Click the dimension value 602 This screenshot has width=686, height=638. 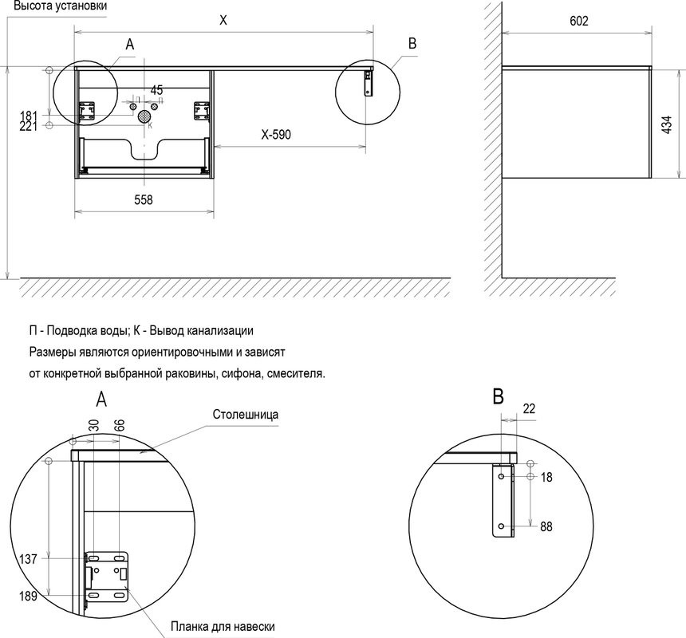[579, 22]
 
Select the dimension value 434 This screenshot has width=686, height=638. [668, 123]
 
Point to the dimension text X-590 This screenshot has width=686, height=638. [276, 135]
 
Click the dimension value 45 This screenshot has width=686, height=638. [156, 89]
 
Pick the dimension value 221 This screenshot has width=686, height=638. [28, 126]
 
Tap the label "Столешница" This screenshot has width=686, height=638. [245, 415]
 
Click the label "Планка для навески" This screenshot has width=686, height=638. [223, 627]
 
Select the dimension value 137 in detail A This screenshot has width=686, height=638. [28, 559]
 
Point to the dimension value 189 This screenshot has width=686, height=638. [28, 595]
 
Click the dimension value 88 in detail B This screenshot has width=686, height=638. [546, 527]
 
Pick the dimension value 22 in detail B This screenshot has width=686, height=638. [529, 408]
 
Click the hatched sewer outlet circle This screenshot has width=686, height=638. [144, 116]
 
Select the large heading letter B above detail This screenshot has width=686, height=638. [499, 396]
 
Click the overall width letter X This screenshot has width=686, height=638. [223, 22]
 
